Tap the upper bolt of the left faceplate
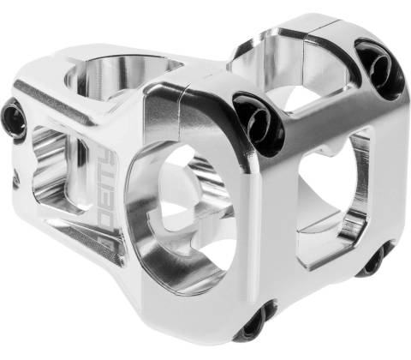coord(259,123)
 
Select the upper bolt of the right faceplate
coord(380,68)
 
